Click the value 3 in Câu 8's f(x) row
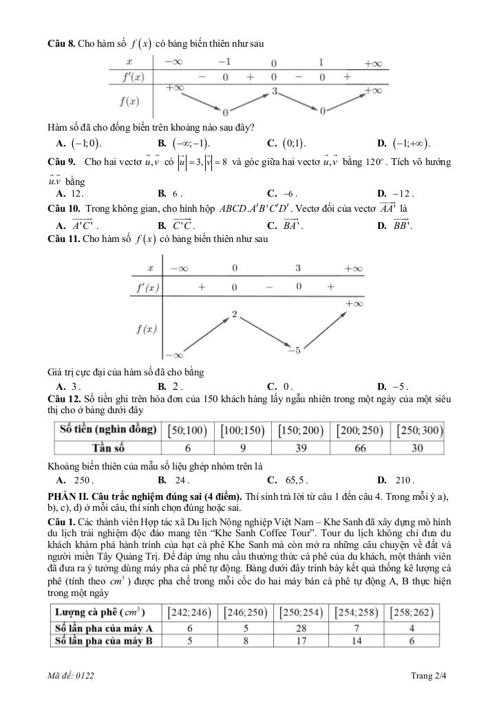pyautogui.click(x=274, y=91)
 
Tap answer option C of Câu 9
pyautogui.click(x=287, y=194)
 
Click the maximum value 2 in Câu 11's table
pyautogui.click(x=235, y=314)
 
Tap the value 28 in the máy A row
pyautogui.click(x=301, y=628)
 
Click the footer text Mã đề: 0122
pyautogui.click(x=71, y=676)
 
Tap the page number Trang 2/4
pyautogui.click(x=428, y=676)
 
